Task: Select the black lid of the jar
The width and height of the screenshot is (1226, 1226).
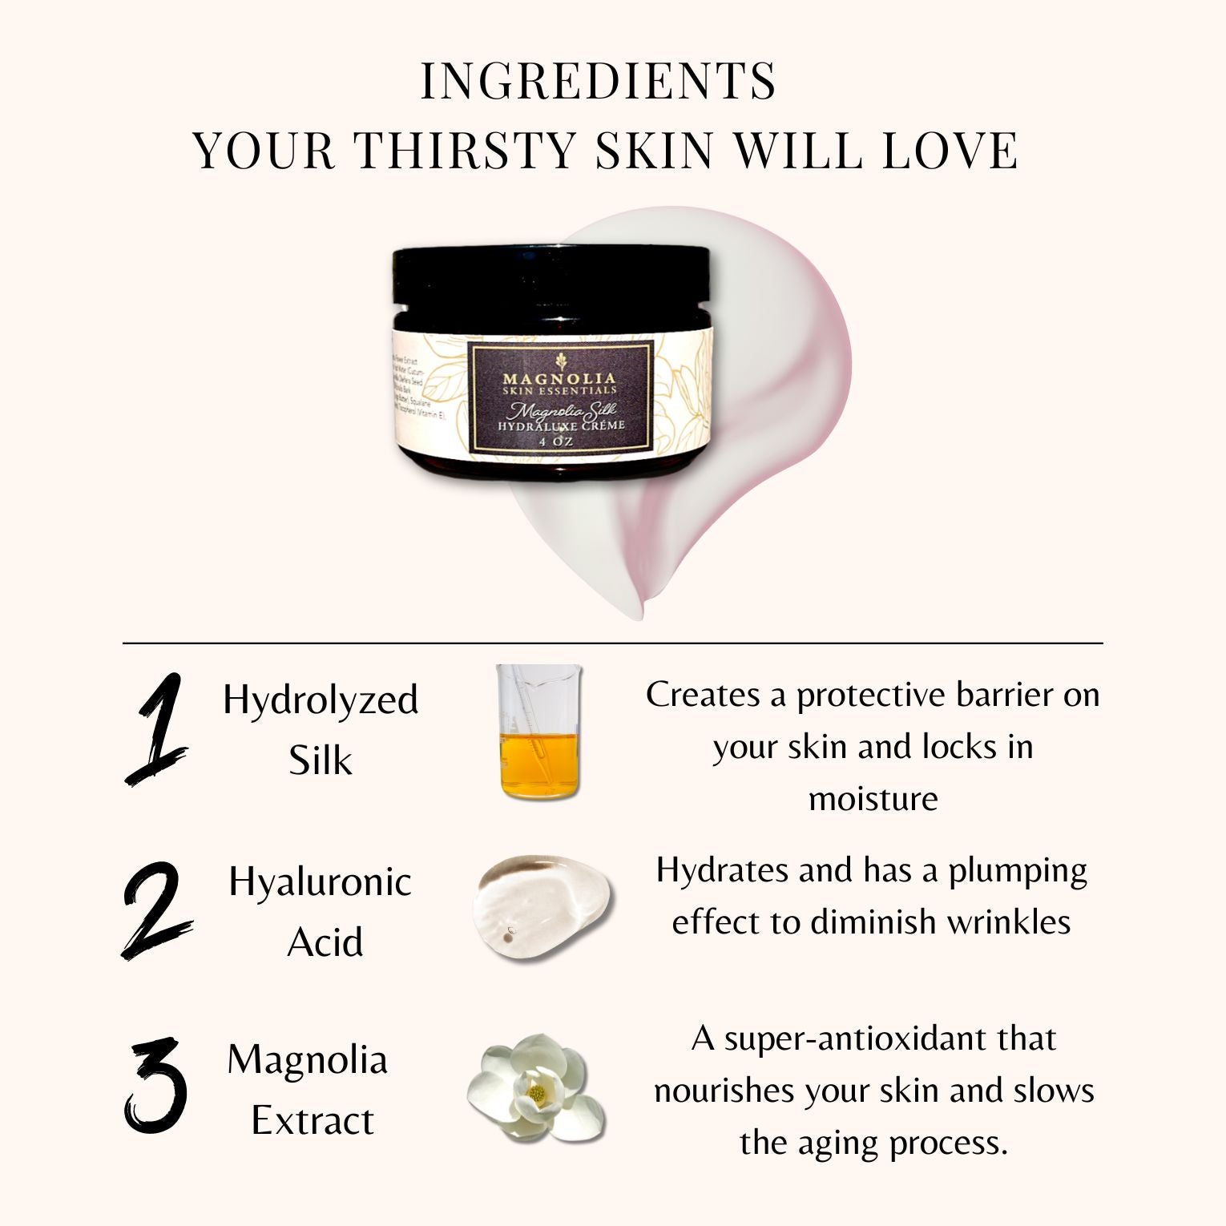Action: tap(550, 276)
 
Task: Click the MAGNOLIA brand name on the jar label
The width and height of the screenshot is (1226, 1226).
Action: tap(559, 377)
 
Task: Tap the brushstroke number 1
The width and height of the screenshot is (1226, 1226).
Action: tap(155, 729)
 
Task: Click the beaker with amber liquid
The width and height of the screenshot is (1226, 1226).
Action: tap(538, 733)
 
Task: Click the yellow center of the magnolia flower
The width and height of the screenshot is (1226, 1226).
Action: tap(537, 1092)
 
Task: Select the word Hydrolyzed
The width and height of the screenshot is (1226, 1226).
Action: tap(321, 700)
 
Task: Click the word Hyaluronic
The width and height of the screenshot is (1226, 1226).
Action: tap(321, 882)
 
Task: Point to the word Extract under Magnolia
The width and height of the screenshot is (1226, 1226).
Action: tap(313, 1120)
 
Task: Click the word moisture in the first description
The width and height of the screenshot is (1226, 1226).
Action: tap(873, 798)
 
